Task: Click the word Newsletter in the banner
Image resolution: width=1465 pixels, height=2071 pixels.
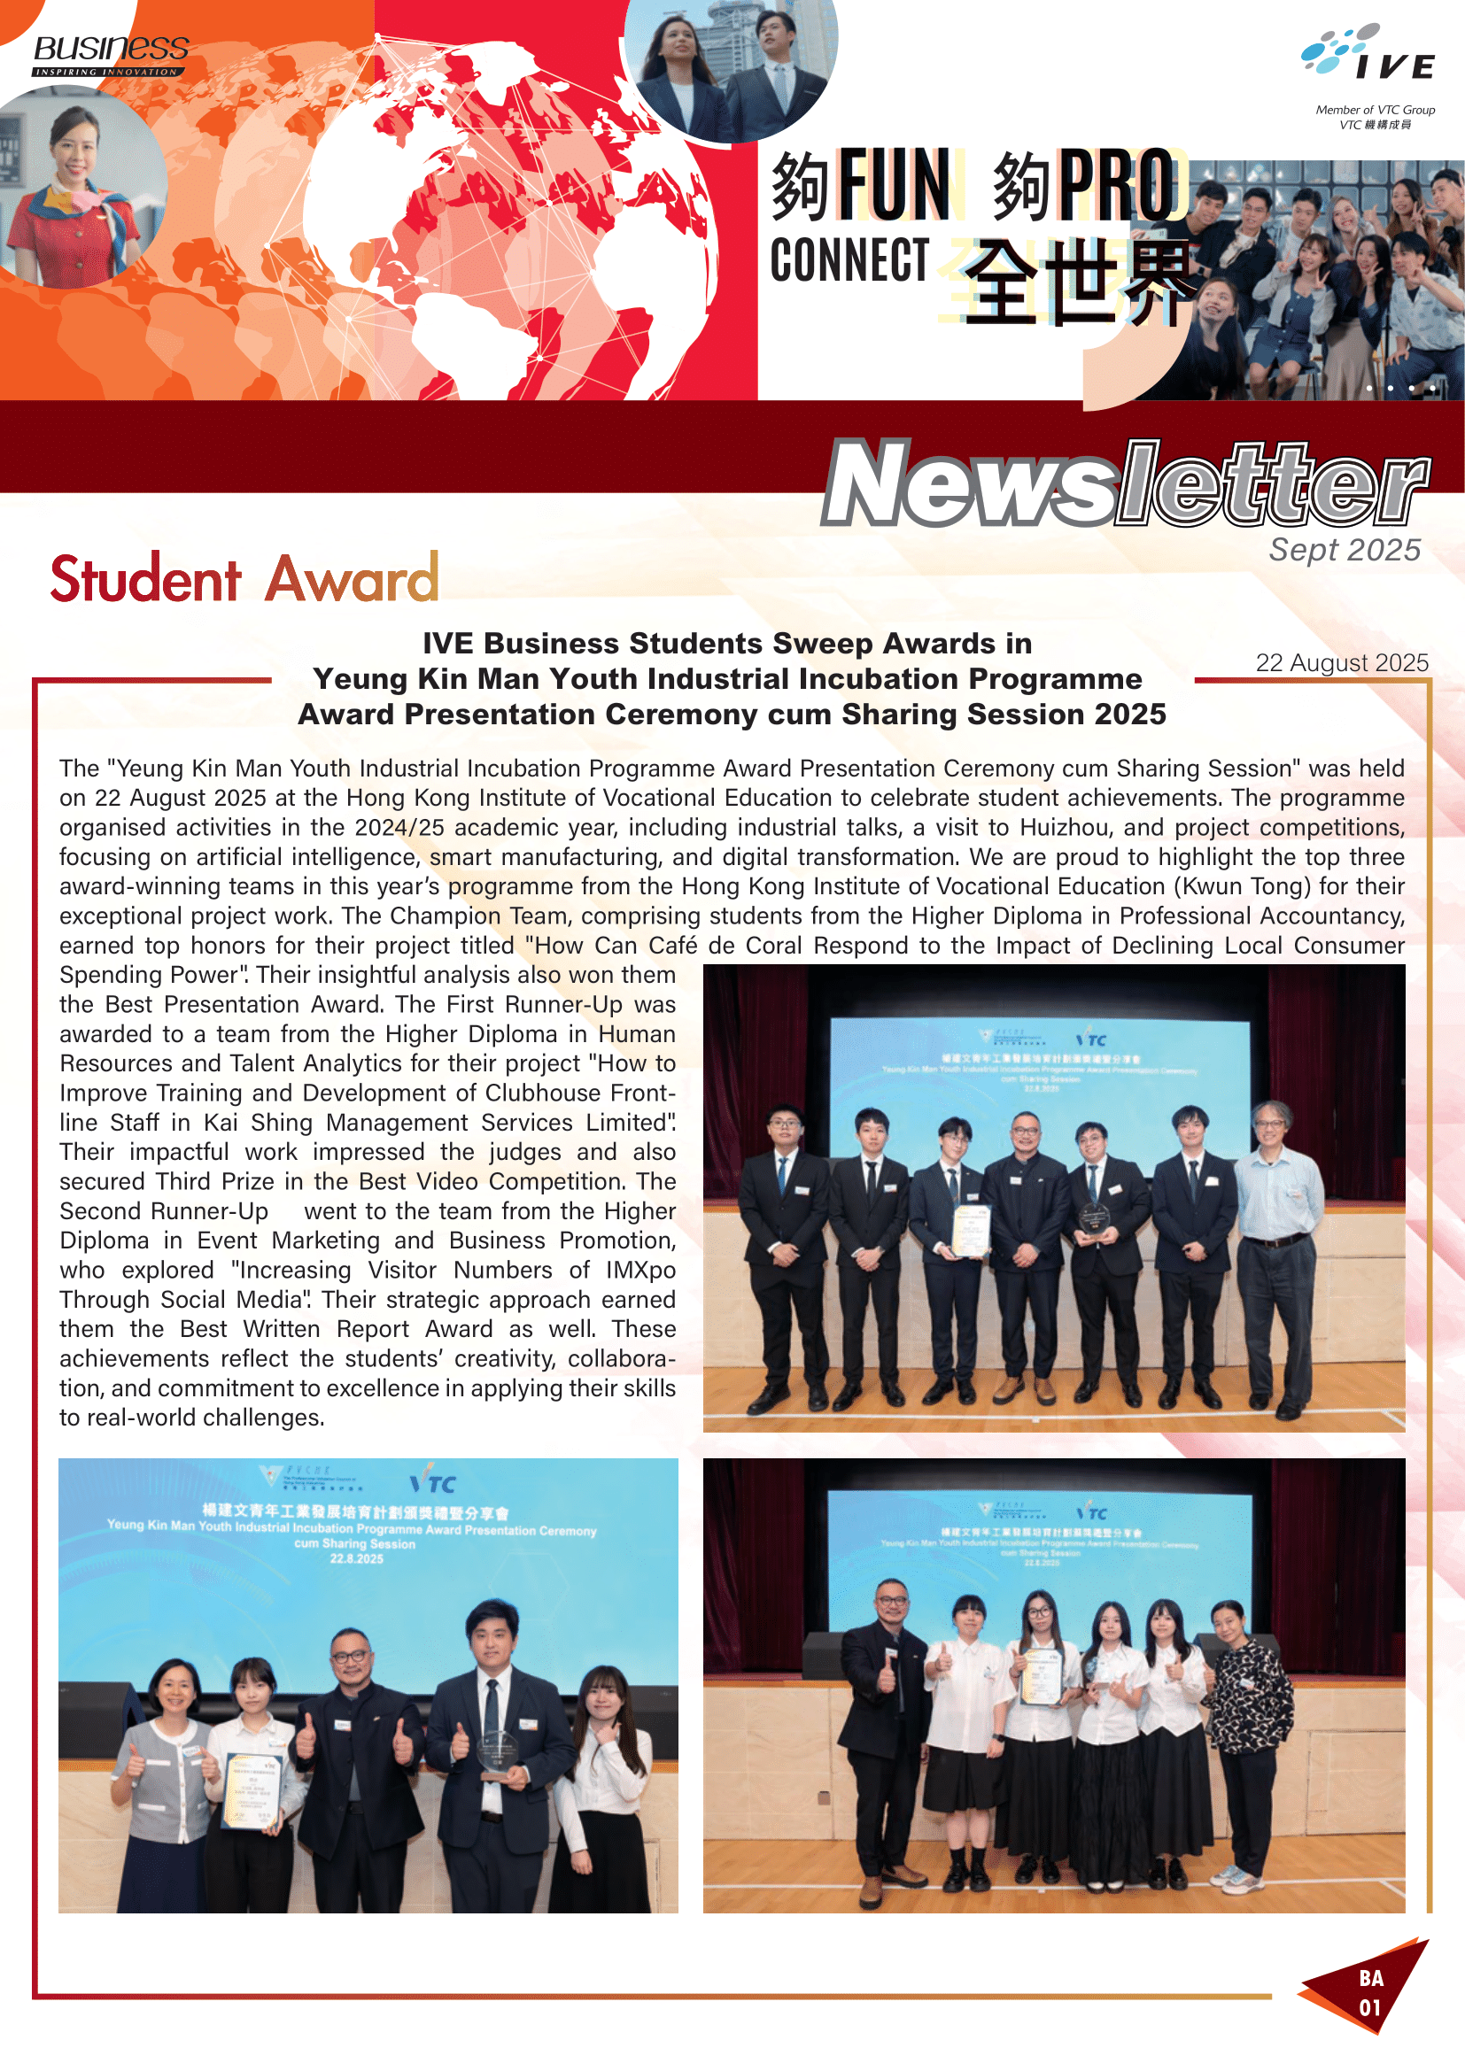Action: pyautogui.click(x=1124, y=483)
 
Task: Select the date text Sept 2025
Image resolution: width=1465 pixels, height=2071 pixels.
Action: pyautogui.click(x=1345, y=549)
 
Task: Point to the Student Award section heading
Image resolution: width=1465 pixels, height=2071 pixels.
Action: pyautogui.click(x=244, y=579)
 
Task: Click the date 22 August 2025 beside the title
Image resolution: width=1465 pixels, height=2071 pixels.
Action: pyautogui.click(x=1341, y=663)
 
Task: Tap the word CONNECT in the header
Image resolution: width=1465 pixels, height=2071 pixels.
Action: pyautogui.click(x=849, y=260)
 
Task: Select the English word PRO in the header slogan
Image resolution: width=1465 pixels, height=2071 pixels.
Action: pyautogui.click(x=1118, y=187)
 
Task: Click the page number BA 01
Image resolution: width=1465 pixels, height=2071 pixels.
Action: pyautogui.click(x=1370, y=1992)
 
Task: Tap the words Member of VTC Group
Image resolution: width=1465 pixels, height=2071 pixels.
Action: pyautogui.click(x=1375, y=110)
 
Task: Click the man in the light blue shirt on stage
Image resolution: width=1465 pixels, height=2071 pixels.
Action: pyautogui.click(x=1274, y=1254)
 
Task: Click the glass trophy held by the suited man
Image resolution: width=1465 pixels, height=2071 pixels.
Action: pyautogui.click(x=499, y=1753)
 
